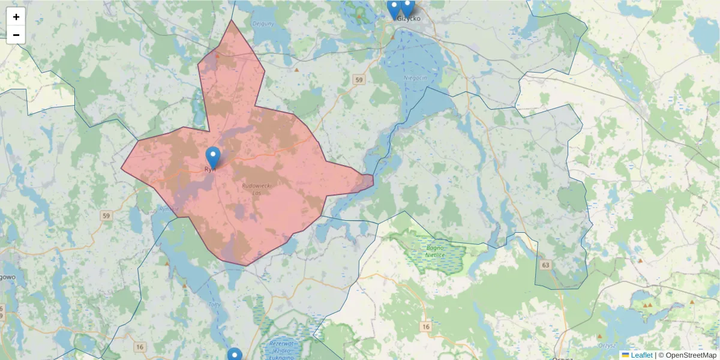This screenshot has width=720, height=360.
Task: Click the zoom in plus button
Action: point(16,17)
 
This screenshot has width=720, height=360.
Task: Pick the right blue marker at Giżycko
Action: point(407,8)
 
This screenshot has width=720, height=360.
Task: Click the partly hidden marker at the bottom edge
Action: point(235,355)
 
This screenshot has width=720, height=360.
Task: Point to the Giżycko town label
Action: point(409,19)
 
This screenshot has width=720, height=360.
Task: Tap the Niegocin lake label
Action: point(415,78)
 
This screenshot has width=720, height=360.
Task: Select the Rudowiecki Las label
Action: point(256,190)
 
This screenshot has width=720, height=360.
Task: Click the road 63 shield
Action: point(545,265)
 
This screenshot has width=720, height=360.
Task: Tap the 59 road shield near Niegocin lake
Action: point(359,80)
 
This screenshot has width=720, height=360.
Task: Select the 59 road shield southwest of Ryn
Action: point(107,215)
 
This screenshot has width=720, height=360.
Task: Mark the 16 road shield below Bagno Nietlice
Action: point(426,327)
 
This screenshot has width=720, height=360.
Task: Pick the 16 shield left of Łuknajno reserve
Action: point(140,347)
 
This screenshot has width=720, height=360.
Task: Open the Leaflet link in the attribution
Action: point(641,355)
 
